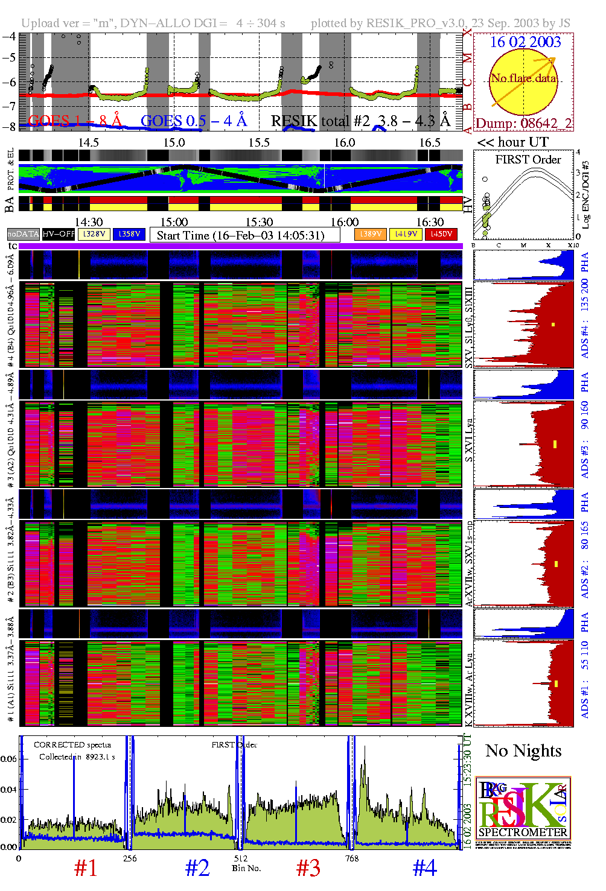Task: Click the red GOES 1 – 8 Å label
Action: point(75,121)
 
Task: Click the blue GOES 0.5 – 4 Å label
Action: point(194,121)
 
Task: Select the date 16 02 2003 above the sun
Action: point(525,42)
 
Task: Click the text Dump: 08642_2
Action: point(523,123)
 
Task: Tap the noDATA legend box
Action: point(24,234)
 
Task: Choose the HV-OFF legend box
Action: point(59,234)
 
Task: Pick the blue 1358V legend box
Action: point(129,234)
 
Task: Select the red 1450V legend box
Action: point(441,234)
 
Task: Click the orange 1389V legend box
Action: point(370,234)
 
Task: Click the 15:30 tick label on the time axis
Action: point(259,223)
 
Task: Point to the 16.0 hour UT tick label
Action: point(345,143)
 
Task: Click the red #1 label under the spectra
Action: point(86,868)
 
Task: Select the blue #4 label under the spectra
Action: point(424,868)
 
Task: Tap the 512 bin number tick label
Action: point(241,858)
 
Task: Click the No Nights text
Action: point(523,751)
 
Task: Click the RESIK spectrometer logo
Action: point(523,811)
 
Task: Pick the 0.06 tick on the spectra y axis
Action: point(8,759)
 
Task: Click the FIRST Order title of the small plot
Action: point(528,160)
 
